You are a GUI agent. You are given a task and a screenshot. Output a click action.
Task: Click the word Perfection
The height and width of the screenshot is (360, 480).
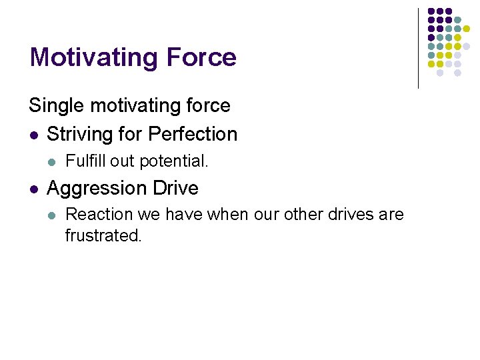point(193,134)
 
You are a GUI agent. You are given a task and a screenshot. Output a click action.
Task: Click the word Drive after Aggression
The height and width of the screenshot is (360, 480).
point(175,188)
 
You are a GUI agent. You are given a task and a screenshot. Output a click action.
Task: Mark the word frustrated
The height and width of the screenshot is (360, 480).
point(103,235)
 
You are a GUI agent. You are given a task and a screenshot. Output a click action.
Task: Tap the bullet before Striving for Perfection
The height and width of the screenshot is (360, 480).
point(33,135)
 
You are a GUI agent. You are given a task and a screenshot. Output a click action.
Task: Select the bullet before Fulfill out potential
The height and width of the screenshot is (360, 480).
point(51,161)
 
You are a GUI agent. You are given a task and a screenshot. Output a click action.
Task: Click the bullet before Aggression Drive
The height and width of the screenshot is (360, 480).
point(33,189)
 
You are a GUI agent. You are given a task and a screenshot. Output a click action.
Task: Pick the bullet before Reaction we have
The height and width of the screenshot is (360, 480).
point(51,215)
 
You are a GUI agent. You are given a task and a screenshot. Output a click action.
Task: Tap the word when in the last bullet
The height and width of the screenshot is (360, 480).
point(223,215)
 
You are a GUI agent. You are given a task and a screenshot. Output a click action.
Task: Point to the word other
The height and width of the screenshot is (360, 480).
point(301,215)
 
